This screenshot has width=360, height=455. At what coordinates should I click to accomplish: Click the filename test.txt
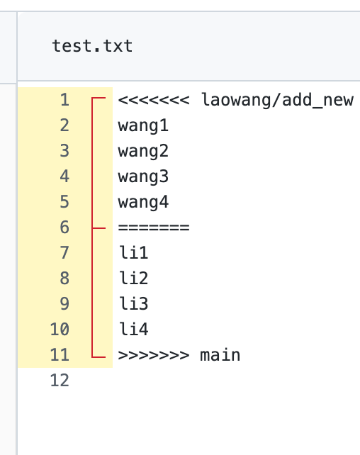coord(92,46)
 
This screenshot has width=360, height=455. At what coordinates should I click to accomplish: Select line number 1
coord(64,100)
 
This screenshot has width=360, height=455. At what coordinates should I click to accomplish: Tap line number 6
coord(64,227)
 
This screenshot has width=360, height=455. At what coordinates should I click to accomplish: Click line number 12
coord(60,381)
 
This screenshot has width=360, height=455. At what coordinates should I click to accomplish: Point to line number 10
coord(60,330)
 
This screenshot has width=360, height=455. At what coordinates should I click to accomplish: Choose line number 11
coord(60,355)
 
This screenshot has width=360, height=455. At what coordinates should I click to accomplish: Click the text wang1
coord(143,126)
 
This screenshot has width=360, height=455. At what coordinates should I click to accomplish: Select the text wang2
coord(143,152)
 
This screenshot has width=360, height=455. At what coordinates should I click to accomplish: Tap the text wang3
coord(143,177)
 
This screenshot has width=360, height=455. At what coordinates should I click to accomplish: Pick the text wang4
coord(143,203)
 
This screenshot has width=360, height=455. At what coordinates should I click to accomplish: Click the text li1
coord(133,252)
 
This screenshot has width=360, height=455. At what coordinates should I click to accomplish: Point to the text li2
coord(133,278)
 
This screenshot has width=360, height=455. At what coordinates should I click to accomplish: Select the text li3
coord(133,303)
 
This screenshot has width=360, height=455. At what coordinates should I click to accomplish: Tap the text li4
coord(133,329)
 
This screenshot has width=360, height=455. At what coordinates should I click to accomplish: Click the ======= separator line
coord(154,227)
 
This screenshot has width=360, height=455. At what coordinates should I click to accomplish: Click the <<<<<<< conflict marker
coord(154,100)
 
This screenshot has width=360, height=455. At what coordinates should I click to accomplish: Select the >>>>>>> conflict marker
coord(154,355)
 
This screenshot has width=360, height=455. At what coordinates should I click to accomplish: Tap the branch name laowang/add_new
coord(277,101)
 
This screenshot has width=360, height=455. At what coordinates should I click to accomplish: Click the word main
coord(220,354)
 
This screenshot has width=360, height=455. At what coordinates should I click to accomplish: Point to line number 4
coord(64,176)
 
